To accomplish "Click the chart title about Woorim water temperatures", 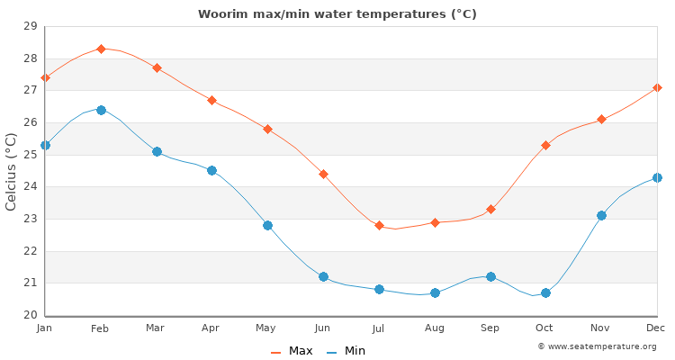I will click(x=337, y=14).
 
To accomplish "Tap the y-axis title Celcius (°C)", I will click(x=12, y=171).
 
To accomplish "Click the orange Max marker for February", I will click(x=101, y=49).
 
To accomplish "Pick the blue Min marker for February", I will click(x=101, y=110).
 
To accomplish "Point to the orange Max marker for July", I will click(x=379, y=225).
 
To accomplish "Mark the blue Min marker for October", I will click(x=545, y=292).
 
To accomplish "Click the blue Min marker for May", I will click(x=267, y=225).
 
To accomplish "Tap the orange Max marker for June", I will click(x=323, y=174).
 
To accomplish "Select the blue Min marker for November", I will click(x=601, y=215).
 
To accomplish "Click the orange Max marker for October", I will click(x=545, y=145).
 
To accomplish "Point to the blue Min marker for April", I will click(x=211, y=170).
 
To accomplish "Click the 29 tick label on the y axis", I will click(x=29, y=27).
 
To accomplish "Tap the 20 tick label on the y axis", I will click(x=29, y=315).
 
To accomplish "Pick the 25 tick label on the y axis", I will click(x=29, y=155).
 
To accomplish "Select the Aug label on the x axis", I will click(x=435, y=328).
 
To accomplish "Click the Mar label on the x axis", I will click(x=156, y=328).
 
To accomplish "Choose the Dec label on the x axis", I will click(x=656, y=328).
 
